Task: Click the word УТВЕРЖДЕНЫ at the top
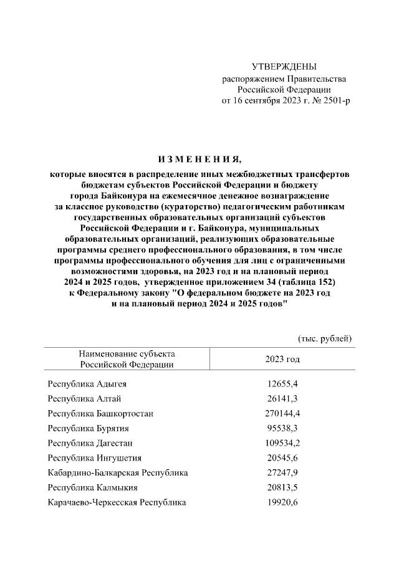tap(284, 66)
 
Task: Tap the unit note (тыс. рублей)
tap(324, 338)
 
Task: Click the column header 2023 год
tap(282, 359)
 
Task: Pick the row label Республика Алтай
tap(84, 398)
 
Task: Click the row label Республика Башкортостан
tap(100, 413)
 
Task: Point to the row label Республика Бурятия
tap(89, 428)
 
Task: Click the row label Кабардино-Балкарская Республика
tap(118, 473)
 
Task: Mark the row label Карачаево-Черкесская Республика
tap(117, 503)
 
